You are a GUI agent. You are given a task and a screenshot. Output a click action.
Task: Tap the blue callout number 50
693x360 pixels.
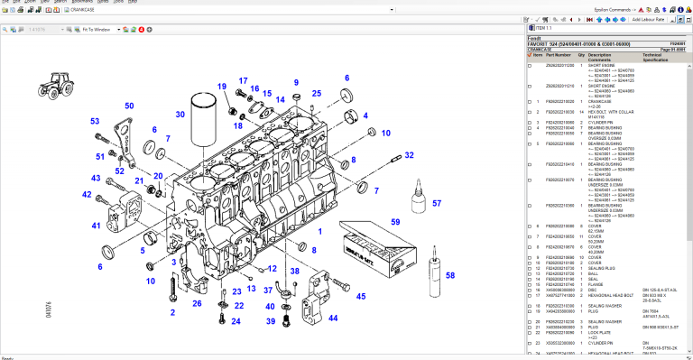pyautogui.click(x=129, y=106)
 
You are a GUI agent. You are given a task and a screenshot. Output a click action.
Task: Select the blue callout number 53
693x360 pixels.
pyautogui.click(x=95, y=121)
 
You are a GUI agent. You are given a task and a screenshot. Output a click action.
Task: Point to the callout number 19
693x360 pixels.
pyautogui.click(x=220, y=87)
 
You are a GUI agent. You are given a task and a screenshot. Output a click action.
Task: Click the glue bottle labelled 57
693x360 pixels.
pyautogui.click(x=419, y=200)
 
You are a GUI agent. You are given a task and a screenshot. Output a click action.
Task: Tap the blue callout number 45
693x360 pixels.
pyautogui.click(x=361, y=296)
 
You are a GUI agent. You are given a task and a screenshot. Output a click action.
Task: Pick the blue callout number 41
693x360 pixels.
pyautogui.click(x=96, y=226)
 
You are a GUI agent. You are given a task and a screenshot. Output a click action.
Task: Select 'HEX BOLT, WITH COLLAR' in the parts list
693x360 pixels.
pyautogui.click(x=608, y=111)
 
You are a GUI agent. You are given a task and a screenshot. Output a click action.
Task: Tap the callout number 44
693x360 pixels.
pyautogui.click(x=333, y=318)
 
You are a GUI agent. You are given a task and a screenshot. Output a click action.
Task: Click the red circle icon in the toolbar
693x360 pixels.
pyautogui.click(x=141, y=30)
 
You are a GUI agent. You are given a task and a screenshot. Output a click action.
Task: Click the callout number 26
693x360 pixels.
pyautogui.click(x=197, y=303)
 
